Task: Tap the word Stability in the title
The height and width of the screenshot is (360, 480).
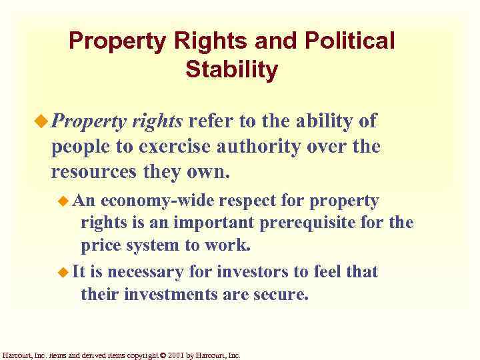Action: tap(232, 69)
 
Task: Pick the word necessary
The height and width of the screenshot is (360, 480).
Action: tap(138, 272)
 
